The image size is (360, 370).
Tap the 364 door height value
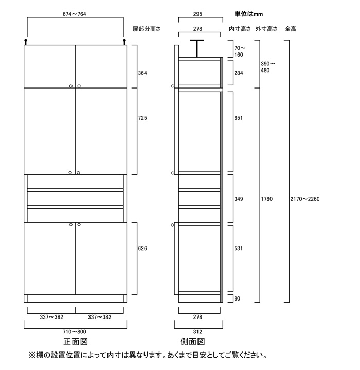[x=142, y=74]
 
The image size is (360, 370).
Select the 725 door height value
[x=142, y=118]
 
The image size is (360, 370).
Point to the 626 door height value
[x=142, y=249]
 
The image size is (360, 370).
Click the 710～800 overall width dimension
[x=75, y=332]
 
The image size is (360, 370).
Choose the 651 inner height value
[x=238, y=118]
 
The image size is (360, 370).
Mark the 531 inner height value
[x=238, y=249]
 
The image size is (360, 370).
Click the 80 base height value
[x=236, y=298]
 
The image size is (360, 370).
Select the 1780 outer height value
[x=266, y=199]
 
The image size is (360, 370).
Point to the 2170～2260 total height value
[x=305, y=199]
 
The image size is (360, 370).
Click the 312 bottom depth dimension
[x=199, y=332]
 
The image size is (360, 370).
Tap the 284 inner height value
[x=238, y=74]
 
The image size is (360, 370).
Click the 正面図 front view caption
[x=76, y=342]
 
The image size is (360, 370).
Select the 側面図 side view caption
[x=193, y=342]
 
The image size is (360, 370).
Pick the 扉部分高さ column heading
[x=147, y=29]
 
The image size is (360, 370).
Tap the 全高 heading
[x=291, y=29]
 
